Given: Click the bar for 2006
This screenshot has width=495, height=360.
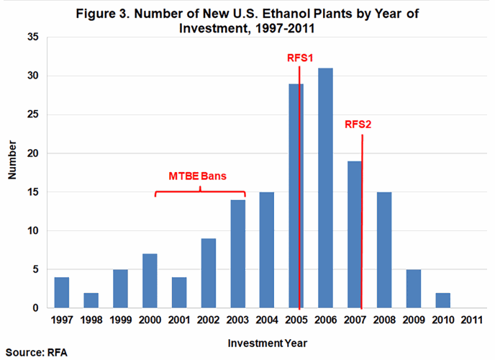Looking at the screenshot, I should pyautogui.click(x=325, y=189).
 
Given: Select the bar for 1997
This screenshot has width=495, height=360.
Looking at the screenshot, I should pyautogui.click(x=63, y=293).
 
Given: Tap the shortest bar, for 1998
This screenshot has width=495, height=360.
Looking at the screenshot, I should pyautogui.click(x=91, y=301).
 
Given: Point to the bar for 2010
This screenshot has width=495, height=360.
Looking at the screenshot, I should pyautogui.click(x=442, y=301).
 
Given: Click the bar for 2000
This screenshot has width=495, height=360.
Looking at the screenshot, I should pyautogui.click(x=150, y=282).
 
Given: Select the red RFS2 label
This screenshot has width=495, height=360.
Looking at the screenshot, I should pyautogui.click(x=357, y=124).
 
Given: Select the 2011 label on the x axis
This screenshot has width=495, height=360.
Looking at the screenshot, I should pyautogui.click(x=471, y=319).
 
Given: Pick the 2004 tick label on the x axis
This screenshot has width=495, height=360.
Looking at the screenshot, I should pyautogui.click(x=267, y=319).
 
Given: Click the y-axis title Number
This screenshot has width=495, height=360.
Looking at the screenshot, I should pyautogui.click(x=13, y=173).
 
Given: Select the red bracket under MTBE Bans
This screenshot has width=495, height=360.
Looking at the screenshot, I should pyautogui.click(x=200, y=192).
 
